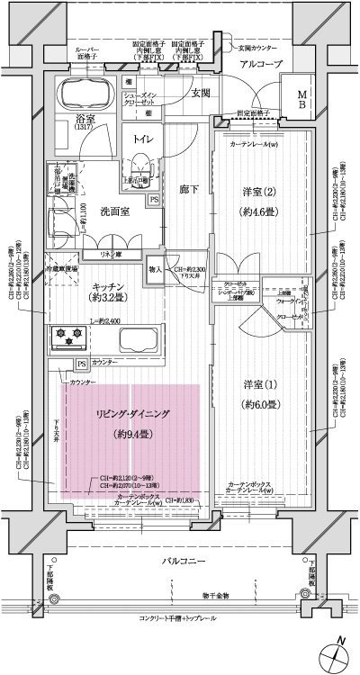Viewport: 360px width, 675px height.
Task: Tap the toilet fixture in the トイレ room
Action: coord(140,167)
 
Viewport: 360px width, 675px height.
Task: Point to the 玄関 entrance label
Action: coord(200,93)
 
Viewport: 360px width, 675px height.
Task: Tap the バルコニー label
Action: coord(186,562)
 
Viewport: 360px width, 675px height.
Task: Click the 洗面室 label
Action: coord(115,211)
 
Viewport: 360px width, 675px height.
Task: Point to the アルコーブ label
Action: coord(262,64)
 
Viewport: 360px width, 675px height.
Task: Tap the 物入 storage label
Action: coord(155,269)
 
